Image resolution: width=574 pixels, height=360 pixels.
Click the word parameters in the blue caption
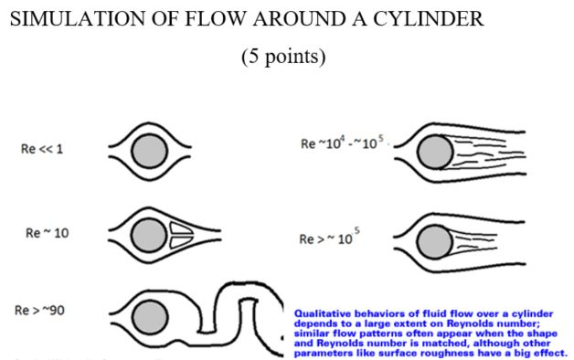(x=325, y=353)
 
